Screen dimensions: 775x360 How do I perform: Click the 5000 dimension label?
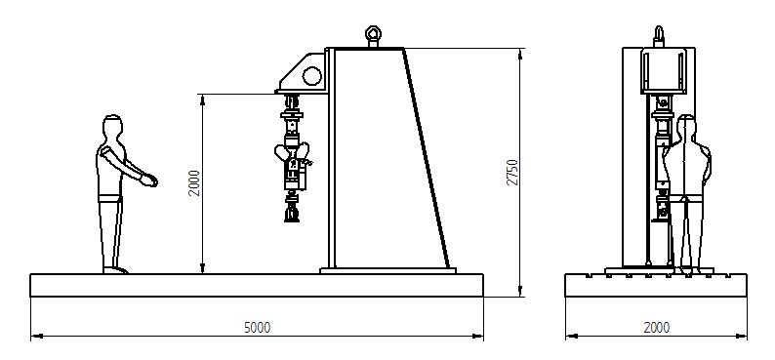258,328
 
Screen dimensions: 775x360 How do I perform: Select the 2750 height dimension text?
513,173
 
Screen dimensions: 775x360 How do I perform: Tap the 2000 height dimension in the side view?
194,183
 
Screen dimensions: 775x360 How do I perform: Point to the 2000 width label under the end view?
656,328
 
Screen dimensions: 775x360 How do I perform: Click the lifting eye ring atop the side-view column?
373,33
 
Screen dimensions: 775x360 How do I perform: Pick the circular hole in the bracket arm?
312,76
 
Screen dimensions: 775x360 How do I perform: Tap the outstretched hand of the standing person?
149,180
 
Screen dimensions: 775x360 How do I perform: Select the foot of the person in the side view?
115,270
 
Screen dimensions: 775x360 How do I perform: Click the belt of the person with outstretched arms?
109,198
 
